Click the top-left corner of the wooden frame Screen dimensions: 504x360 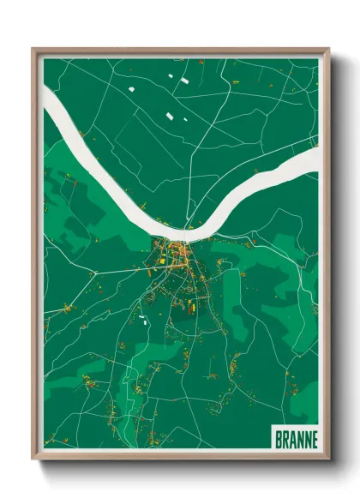pos(33,49)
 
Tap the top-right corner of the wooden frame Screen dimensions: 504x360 pos(328,49)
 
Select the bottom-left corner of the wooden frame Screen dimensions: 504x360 pos(33,459)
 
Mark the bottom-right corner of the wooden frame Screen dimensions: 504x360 pos(328,459)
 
